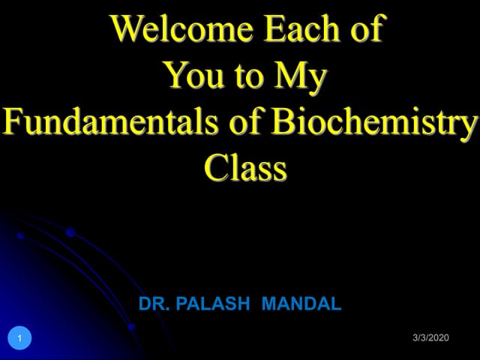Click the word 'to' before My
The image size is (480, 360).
point(247,76)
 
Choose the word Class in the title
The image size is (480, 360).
point(245,168)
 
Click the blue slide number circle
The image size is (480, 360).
point(20,338)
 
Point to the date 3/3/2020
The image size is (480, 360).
point(430,338)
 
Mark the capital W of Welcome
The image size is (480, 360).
point(128,30)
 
